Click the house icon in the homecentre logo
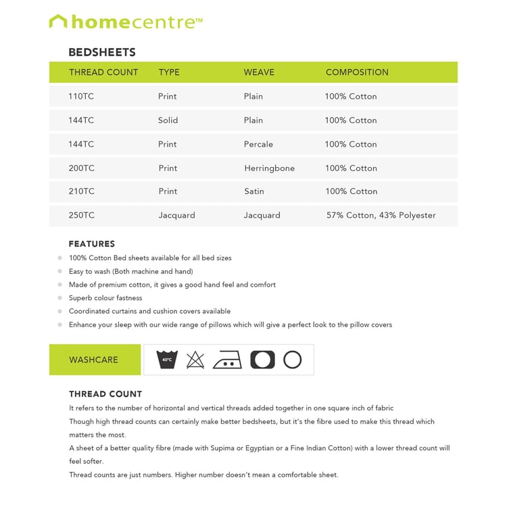[x=58, y=22]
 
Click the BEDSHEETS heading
[x=102, y=52]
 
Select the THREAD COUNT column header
[x=103, y=72]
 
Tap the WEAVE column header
[x=259, y=72]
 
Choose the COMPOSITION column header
[x=357, y=72]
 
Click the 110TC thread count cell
[x=81, y=96]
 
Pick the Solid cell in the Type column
[x=168, y=120]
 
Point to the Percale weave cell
[x=258, y=144]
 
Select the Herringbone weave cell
[x=269, y=168]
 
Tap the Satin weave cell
[x=254, y=191]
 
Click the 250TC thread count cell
[x=81, y=216]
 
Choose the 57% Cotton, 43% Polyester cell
[x=381, y=216]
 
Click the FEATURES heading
[x=92, y=244]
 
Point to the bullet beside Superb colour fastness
[x=59, y=298]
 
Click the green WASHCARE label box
[x=95, y=360]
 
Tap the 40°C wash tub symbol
[x=166, y=360]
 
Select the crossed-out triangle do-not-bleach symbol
[x=195, y=360]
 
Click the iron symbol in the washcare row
[x=227, y=360]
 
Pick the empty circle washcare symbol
[x=292, y=360]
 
